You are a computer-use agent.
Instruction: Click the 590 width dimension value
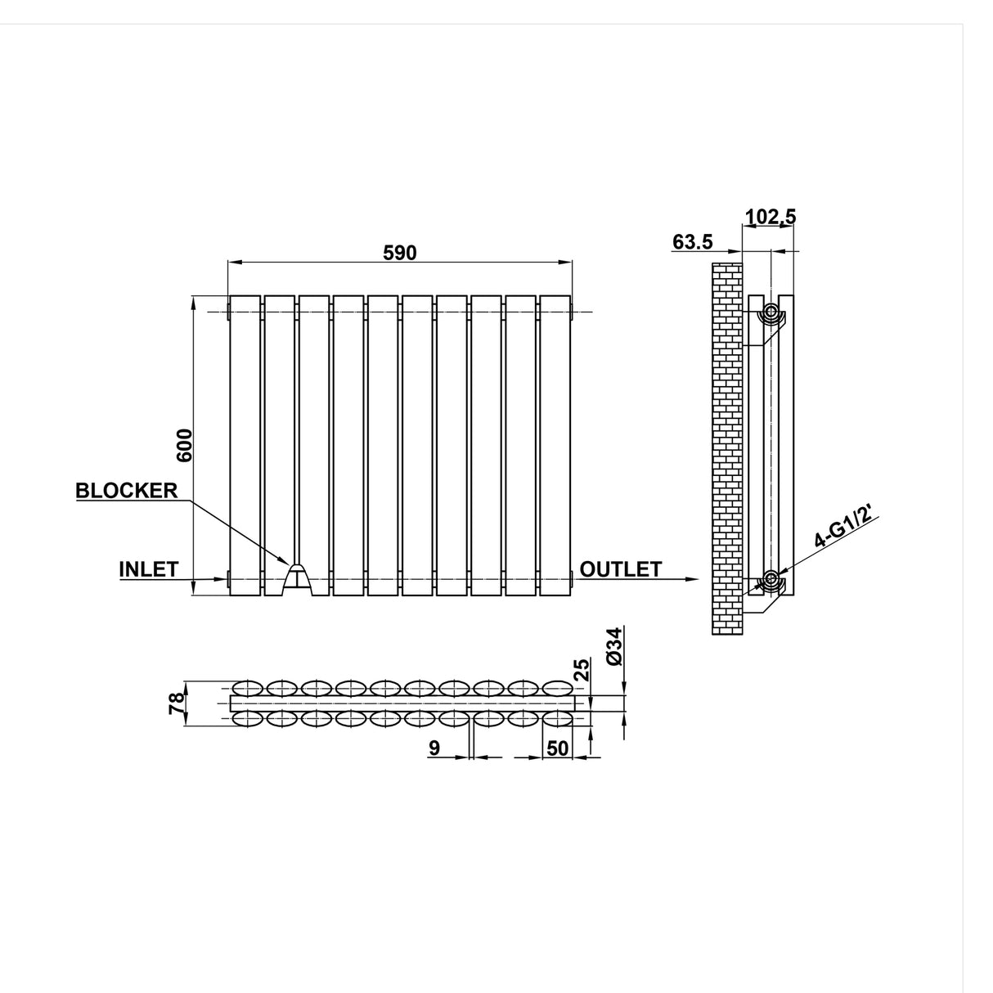(x=400, y=253)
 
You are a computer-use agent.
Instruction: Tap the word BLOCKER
(x=127, y=491)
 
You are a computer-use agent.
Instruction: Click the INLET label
(x=149, y=569)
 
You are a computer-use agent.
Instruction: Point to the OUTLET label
(x=620, y=569)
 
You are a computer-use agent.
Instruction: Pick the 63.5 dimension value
(x=693, y=242)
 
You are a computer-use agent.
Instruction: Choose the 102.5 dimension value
(x=770, y=217)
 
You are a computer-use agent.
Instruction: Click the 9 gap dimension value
(x=434, y=748)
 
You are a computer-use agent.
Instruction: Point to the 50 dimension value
(x=557, y=748)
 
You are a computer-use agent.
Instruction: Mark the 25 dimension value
(x=582, y=671)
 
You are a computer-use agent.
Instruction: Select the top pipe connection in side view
(x=771, y=312)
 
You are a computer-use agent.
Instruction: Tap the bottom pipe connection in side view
(x=771, y=582)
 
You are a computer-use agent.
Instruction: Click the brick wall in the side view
(x=726, y=450)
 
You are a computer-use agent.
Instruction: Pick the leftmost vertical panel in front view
(x=245, y=446)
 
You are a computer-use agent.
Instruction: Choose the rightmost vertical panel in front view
(x=555, y=446)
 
